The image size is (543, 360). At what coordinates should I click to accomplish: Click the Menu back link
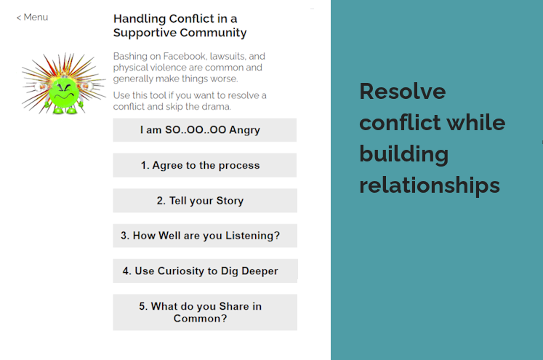(32, 17)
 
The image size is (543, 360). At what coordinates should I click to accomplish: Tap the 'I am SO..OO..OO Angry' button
(205, 130)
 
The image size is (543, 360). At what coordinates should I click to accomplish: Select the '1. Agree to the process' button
(205, 165)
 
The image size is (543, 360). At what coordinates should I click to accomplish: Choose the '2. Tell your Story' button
(205, 201)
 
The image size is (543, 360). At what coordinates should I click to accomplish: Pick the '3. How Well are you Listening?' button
(205, 236)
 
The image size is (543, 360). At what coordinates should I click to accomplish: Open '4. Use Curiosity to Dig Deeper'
(205, 271)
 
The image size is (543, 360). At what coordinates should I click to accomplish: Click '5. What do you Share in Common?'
(205, 312)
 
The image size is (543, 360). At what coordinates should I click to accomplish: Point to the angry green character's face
(64, 92)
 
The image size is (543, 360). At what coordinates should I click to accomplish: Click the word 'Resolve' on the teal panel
(403, 92)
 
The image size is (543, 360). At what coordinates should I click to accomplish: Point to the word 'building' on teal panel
(403, 154)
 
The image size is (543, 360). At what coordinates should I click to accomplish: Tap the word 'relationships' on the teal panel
(430, 185)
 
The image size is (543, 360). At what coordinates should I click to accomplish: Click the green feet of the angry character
(65, 111)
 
